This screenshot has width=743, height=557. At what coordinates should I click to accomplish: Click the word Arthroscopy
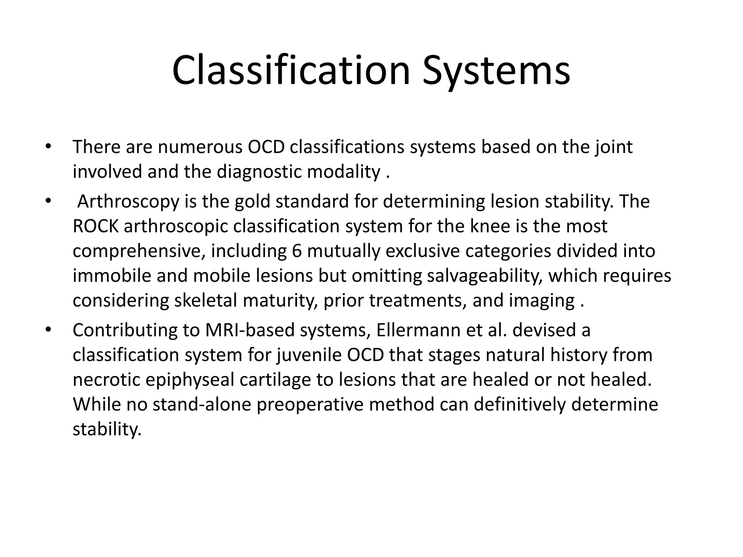click(128, 202)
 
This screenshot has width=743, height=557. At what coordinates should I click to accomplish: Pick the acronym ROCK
click(95, 226)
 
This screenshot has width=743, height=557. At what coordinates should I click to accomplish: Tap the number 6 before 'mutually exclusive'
click(296, 251)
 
